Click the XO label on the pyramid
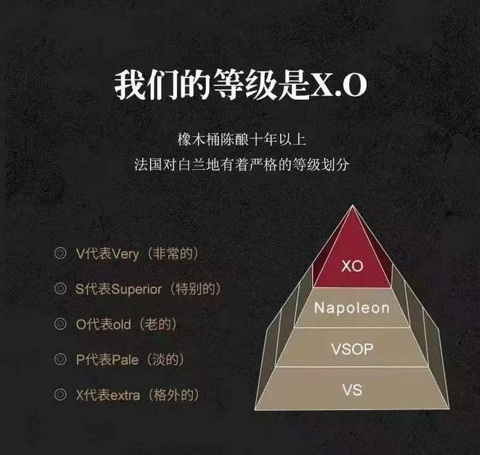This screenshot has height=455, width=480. pyautogui.click(x=352, y=266)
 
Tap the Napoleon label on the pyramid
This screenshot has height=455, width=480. pyautogui.click(x=352, y=308)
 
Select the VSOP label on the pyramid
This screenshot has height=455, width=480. pyautogui.click(x=352, y=348)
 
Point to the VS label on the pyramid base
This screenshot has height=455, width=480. pyautogui.click(x=352, y=390)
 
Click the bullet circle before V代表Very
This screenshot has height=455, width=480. pyautogui.click(x=60, y=252)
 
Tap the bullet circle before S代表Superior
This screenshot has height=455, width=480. pyautogui.click(x=60, y=289)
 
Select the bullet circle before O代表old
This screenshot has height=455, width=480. pyautogui.click(x=60, y=324)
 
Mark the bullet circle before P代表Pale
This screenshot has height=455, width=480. pyautogui.click(x=60, y=360)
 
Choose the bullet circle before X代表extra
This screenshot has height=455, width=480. pyautogui.click(x=60, y=395)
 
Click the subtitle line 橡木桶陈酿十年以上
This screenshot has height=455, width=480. pyautogui.click(x=241, y=140)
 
